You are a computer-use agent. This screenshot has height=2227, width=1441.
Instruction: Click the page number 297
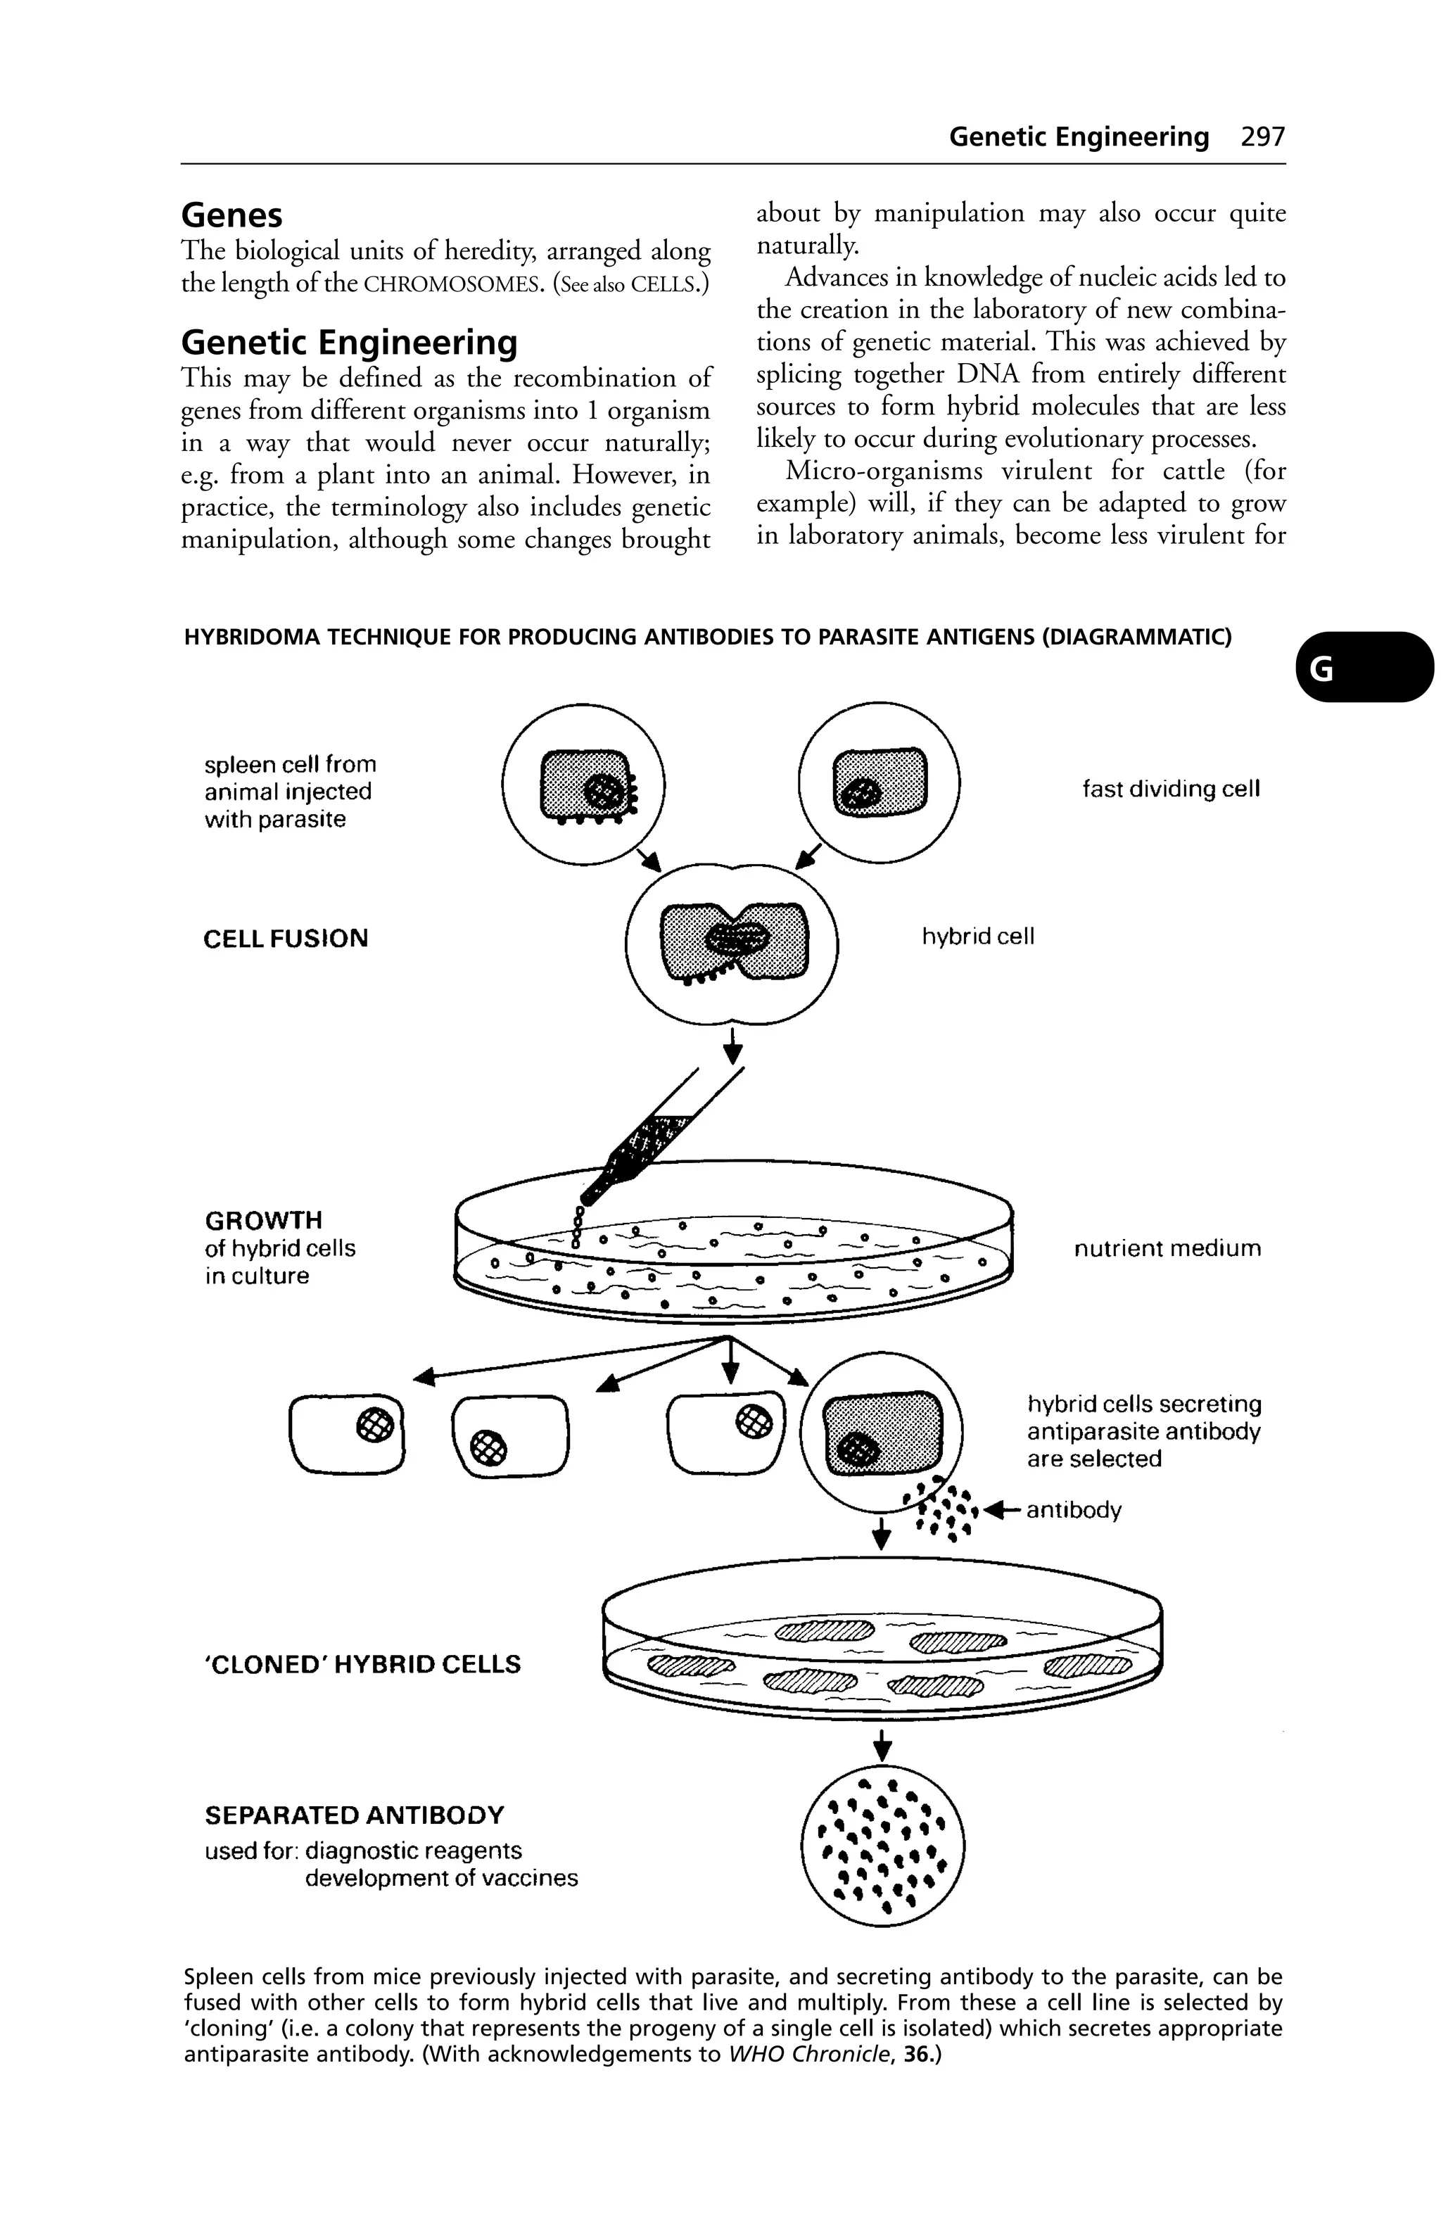(1262, 137)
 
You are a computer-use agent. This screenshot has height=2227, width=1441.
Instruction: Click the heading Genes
(231, 215)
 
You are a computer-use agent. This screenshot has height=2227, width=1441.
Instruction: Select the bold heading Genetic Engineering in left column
(348, 343)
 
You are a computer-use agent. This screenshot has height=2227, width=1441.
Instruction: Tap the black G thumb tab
(1364, 667)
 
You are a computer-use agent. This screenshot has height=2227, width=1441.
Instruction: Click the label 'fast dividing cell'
(1171, 789)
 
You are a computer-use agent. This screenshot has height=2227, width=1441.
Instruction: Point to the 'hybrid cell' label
(978, 937)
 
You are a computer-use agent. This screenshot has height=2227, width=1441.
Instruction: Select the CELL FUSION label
(286, 939)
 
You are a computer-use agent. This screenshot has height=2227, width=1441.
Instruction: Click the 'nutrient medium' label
(1167, 1248)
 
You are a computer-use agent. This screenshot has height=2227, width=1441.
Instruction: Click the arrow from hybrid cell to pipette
(732, 1046)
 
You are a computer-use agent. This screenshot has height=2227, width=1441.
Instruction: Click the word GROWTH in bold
(263, 1220)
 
